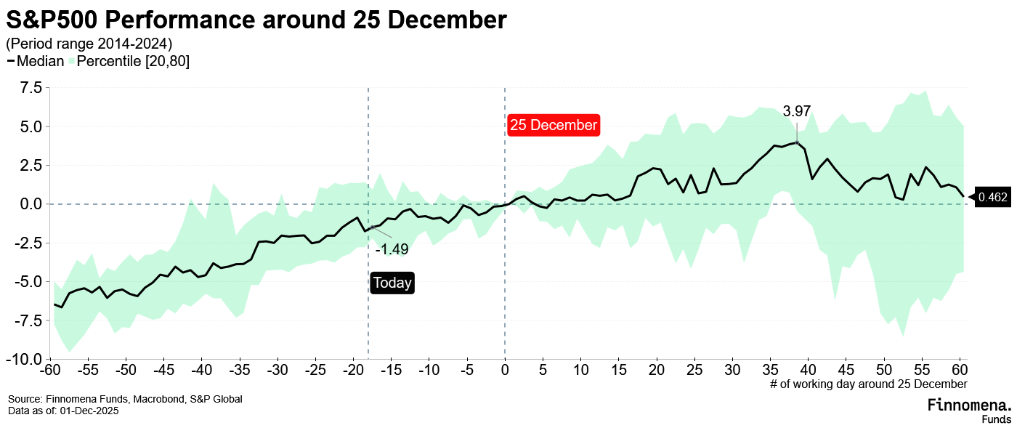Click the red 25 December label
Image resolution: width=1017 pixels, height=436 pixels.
[x=553, y=125]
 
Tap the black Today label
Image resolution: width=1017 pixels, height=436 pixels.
[x=392, y=283]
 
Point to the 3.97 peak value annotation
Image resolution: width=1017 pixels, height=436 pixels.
[x=796, y=111]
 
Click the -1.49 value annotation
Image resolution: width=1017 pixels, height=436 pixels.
[x=392, y=249]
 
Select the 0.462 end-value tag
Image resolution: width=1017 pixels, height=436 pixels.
[x=993, y=197]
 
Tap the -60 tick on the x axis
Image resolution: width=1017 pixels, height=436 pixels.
[x=49, y=371]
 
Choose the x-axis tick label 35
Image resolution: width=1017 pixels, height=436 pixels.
[x=770, y=371]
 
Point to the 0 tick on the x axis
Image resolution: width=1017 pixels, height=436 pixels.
[x=505, y=371]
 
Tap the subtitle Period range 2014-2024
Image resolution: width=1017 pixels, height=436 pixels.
[x=89, y=44]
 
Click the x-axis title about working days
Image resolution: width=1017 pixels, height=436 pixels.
[x=868, y=384]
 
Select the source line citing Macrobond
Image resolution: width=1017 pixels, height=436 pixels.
[x=125, y=399]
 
